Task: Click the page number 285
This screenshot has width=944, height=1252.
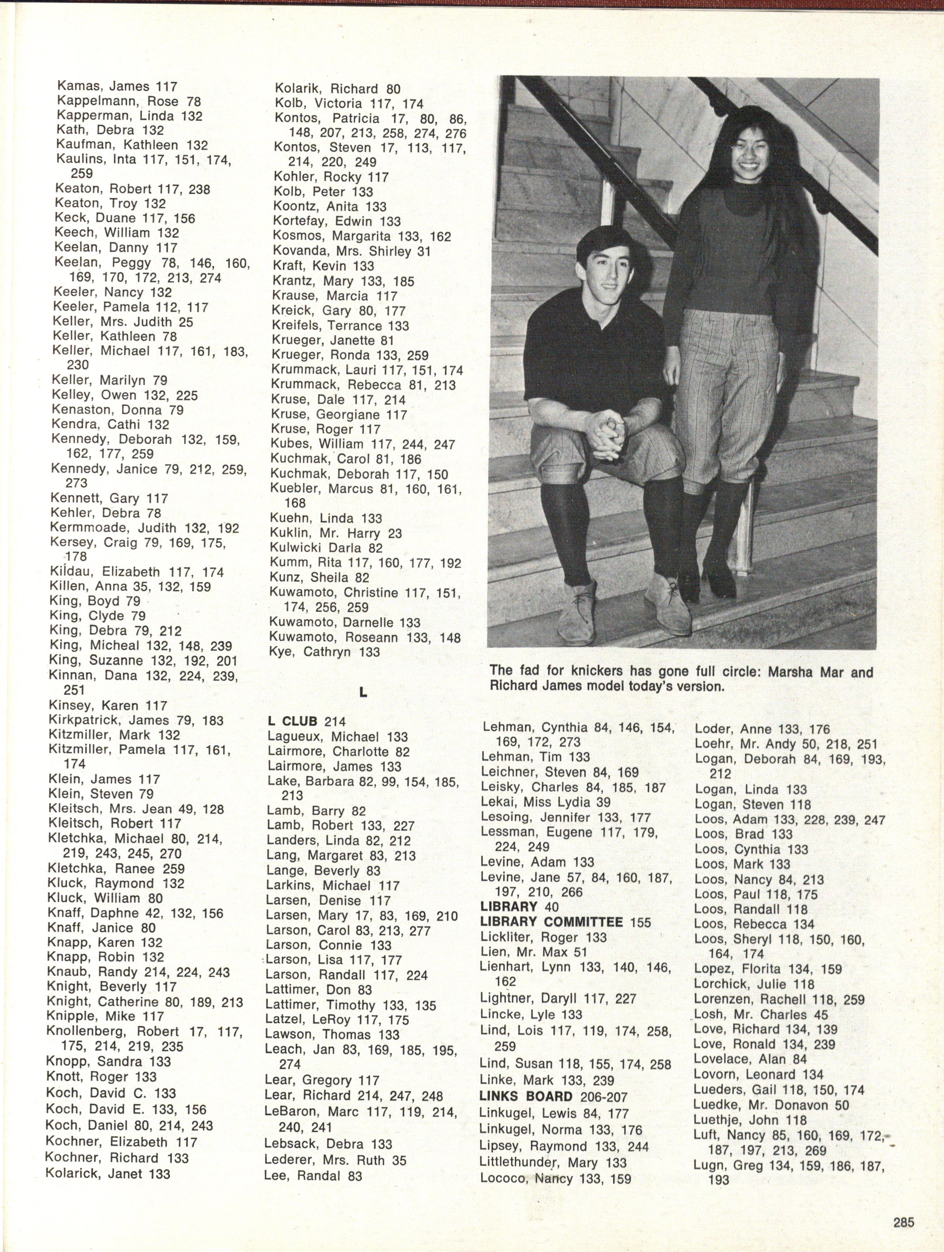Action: (904, 1218)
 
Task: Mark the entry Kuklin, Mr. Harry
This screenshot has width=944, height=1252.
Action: (336, 533)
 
